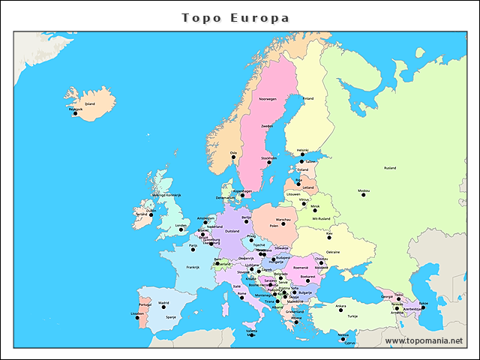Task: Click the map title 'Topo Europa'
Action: pyautogui.click(x=235, y=17)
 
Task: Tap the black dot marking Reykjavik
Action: pyautogui.click(x=75, y=113)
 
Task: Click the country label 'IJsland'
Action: pyautogui.click(x=90, y=104)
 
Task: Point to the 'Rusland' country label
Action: pyautogui.click(x=389, y=168)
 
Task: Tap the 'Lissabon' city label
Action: pyautogui.click(x=137, y=313)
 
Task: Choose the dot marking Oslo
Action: pyautogui.click(x=232, y=157)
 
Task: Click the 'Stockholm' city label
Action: pyautogui.click(x=268, y=158)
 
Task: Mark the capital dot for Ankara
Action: pyautogui.click(x=340, y=310)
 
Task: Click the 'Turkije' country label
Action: pyautogui.click(x=352, y=316)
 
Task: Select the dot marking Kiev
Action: pyautogui.click(x=328, y=238)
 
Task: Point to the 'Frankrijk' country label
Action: pyautogui.click(x=193, y=267)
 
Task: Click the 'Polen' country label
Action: pyautogui.click(x=274, y=224)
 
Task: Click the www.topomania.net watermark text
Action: pyautogui.click(x=424, y=340)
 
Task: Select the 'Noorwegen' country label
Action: pyautogui.click(x=268, y=98)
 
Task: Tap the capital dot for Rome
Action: pyautogui.click(x=241, y=297)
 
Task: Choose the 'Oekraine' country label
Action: pyautogui.click(x=333, y=252)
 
